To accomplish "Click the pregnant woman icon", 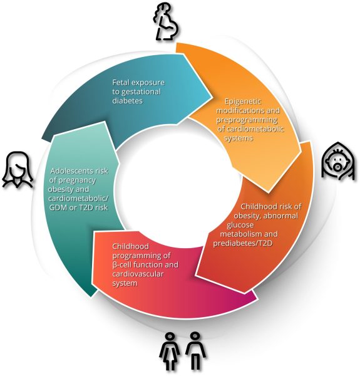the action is point(166,23).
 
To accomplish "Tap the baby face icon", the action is point(338,161).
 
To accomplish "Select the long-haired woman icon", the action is point(18,170).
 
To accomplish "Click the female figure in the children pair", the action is point(170,351).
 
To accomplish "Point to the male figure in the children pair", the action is point(195,351).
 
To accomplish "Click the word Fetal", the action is point(121,83).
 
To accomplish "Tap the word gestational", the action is point(141,92).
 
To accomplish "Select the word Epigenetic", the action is point(243,102).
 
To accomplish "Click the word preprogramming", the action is point(247,120).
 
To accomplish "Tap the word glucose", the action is point(240,225).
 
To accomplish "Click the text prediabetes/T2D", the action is point(243,243).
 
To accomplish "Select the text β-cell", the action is point(121,265).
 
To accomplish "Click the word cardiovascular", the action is point(138,274).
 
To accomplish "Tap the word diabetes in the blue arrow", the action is point(128,101).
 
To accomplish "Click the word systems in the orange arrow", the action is point(239,138).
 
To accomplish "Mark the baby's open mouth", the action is point(337,167).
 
